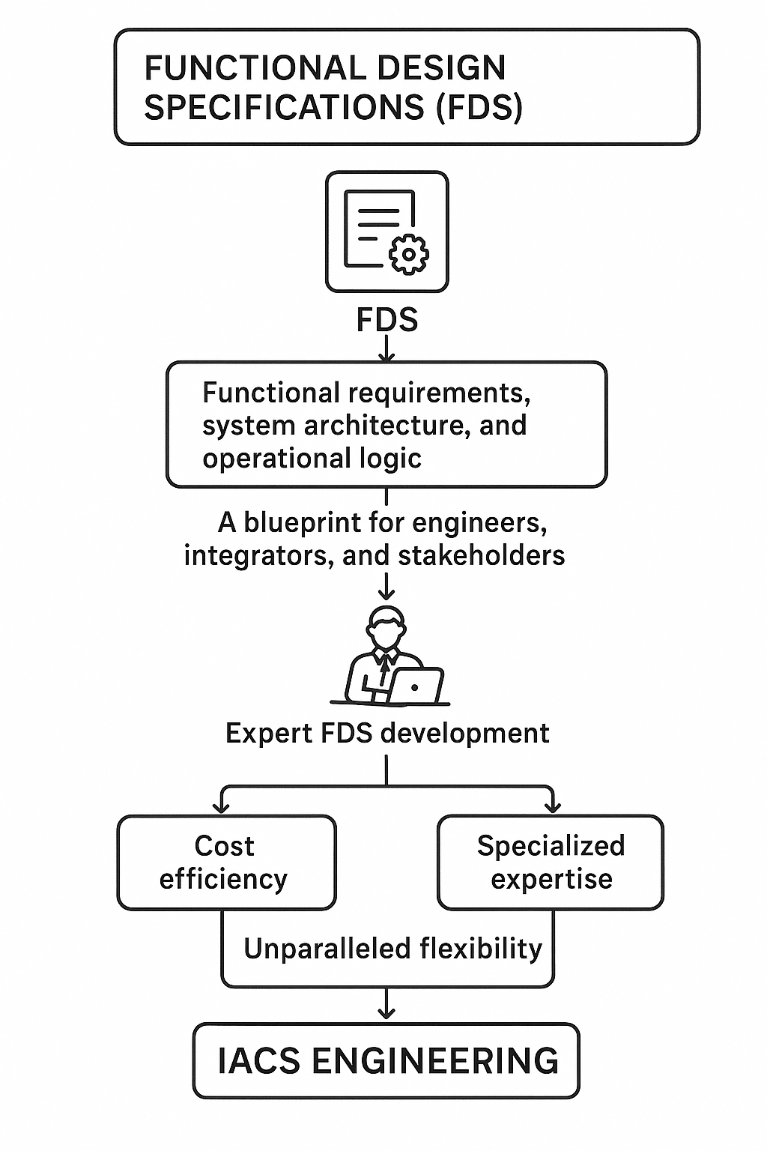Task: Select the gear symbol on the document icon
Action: [x=409, y=253]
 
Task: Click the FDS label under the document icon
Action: [x=386, y=320]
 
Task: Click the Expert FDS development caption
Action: [x=387, y=733]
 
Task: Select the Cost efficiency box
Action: [x=226, y=863]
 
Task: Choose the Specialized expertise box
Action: [x=551, y=863]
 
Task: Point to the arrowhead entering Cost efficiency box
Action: [x=221, y=808]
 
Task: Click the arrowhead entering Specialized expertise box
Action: [x=553, y=808]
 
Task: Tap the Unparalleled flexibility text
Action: [x=392, y=949]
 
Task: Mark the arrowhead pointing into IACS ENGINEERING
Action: [x=386, y=1013]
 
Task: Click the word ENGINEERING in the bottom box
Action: [x=434, y=1061]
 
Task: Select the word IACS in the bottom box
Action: [x=259, y=1061]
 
